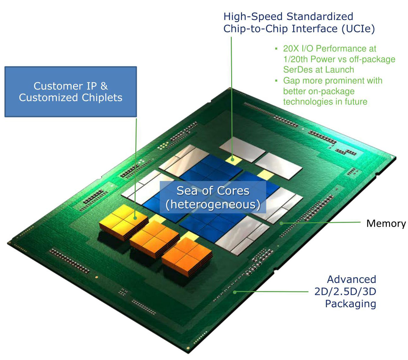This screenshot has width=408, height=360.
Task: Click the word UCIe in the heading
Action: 358,28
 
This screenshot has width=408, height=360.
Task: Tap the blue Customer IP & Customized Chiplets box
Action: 71,92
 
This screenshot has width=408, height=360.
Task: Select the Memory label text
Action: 386,223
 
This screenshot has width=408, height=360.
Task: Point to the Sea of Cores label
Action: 213,190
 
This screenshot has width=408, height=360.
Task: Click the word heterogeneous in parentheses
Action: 213,204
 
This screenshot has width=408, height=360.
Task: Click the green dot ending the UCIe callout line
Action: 232,159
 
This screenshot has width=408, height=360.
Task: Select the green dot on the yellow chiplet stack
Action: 135,218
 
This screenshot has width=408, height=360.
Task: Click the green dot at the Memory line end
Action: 281,223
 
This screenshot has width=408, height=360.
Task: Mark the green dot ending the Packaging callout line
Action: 235,292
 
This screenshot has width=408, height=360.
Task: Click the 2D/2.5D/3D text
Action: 345,291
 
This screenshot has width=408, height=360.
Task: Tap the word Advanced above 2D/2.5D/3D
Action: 351,279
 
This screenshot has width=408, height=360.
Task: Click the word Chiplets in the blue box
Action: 102,98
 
